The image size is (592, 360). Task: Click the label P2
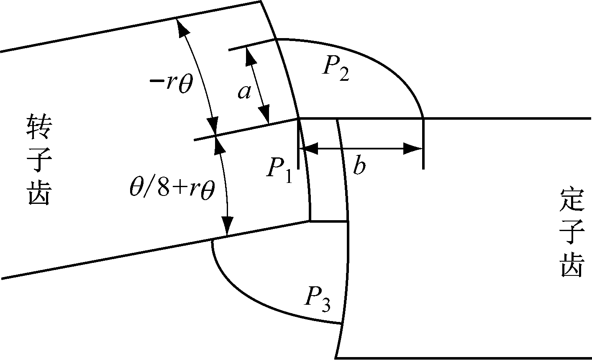pyautogui.click(x=336, y=69)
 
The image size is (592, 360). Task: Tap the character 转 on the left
pyautogui.click(x=39, y=127)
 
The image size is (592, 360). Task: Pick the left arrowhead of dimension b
pyautogui.click(x=309, y=148)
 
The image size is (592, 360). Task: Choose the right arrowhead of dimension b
pyautogui.click(x=413, y=148)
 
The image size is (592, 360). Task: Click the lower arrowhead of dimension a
pyautogui.click(x=265, y=114)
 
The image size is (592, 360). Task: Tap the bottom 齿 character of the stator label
pyautogui.click(x=571, y=265)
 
